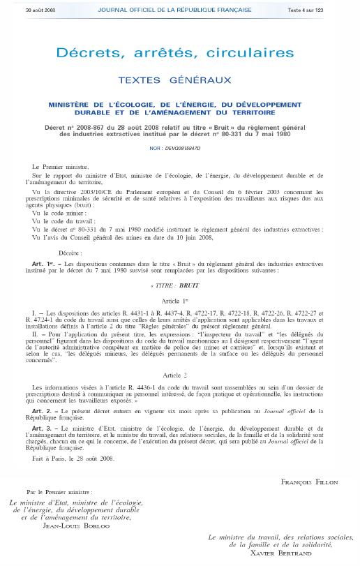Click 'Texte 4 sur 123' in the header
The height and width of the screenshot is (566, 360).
pos(333,9)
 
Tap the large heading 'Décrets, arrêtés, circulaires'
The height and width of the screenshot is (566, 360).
pos(179,53)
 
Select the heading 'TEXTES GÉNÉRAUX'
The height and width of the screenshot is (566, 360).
pos(179,81)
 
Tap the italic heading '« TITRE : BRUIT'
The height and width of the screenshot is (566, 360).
pos(180,267)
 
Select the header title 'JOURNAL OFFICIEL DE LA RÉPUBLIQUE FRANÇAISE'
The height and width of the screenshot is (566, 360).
pos(180,9)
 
